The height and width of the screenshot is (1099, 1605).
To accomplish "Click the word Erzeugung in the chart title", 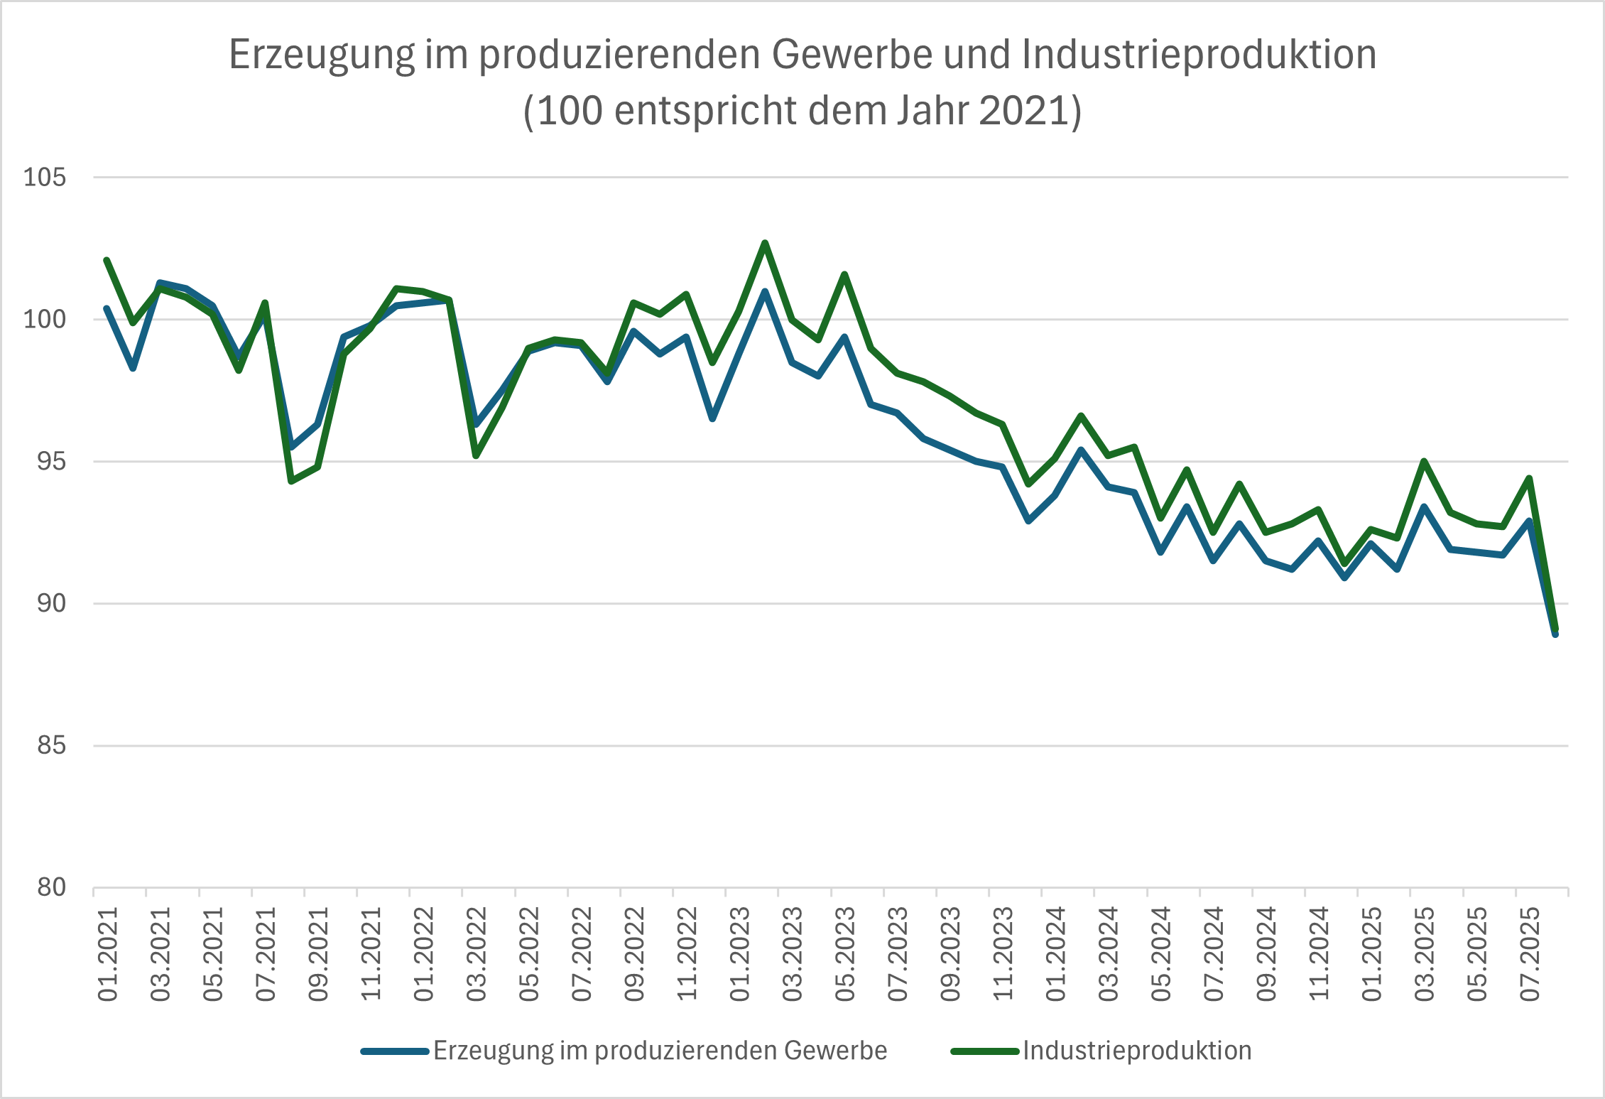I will click(322, 55).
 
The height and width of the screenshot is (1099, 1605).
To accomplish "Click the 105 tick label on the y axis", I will click(45, 177).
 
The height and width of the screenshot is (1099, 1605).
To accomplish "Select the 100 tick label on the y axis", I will click(45, 319).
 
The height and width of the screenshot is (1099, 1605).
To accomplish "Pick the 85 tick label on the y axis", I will click(51, 745).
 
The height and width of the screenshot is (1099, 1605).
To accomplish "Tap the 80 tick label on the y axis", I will click(51, 887).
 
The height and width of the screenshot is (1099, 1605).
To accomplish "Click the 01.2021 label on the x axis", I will click(108, 954).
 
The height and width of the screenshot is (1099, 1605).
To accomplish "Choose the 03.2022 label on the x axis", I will click(477, 954).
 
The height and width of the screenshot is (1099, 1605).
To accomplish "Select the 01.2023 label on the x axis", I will click(740, 954).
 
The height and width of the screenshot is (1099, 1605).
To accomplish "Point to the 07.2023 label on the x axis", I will click(898, 954).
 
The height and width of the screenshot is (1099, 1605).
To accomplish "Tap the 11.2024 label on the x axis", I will click(1320, 954).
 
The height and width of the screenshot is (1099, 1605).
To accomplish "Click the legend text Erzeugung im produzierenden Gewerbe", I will click(660, 1051).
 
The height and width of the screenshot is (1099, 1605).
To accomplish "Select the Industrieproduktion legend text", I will click(1137, 1051).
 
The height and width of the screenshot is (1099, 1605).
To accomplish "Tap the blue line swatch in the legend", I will click(395, 1051).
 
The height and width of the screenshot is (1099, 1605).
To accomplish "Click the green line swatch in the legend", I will click(985, 1051).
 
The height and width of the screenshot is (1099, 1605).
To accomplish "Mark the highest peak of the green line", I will click(765, 243).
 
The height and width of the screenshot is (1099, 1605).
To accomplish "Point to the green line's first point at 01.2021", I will click(107, 260).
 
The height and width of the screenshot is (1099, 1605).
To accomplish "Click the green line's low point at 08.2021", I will click(291, 482).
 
